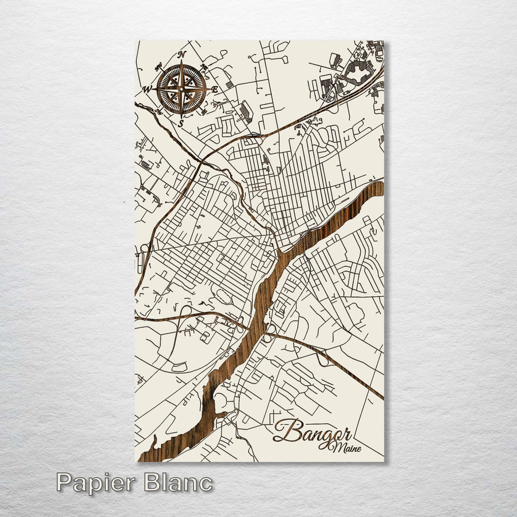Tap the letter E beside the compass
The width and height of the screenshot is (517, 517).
214,89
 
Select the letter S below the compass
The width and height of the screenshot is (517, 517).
180,124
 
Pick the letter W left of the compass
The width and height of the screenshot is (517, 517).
147,89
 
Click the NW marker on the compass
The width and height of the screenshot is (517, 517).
158,66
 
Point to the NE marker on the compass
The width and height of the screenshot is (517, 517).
204,67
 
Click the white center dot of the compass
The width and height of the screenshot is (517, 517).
181,89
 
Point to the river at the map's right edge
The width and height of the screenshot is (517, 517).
377,189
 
